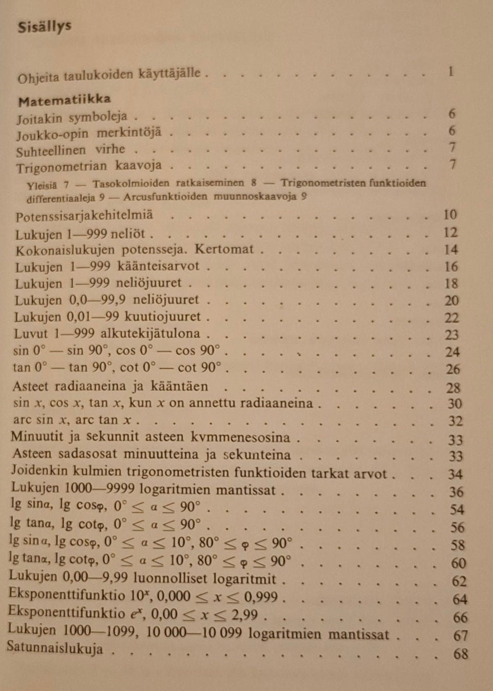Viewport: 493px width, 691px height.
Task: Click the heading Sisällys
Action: click(44, 27)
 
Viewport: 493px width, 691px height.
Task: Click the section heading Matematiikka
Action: click(64, 100)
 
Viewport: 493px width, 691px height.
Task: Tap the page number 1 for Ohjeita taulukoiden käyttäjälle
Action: click(450, 71)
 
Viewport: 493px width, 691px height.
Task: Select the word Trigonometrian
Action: click(62, 167)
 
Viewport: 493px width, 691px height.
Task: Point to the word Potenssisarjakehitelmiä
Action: click(84, 216)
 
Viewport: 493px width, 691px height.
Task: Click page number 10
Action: click(450, 215)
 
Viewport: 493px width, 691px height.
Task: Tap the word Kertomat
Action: click(224, 250)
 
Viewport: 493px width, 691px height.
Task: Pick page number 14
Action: click(450, 250)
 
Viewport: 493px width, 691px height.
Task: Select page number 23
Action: click(451, 335)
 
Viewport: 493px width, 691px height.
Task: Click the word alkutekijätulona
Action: click(150, 333)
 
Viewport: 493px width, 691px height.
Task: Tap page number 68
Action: click(460, 654)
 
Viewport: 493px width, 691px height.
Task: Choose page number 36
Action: click(456, 492)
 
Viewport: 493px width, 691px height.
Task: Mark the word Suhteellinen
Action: click(51, 151)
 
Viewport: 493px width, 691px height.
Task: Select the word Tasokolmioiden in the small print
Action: click(131, 183)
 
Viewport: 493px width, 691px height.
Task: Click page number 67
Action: click(460, 636)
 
